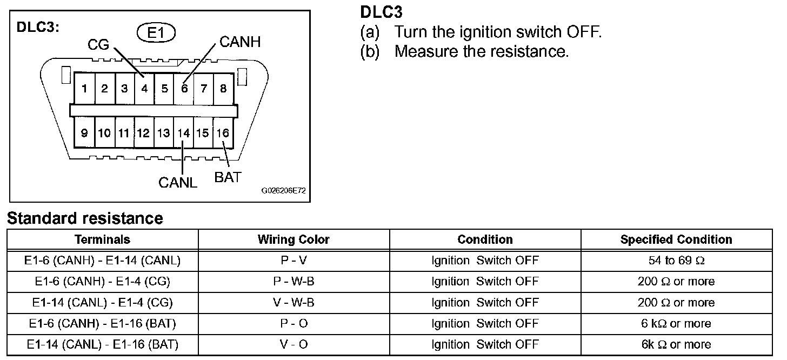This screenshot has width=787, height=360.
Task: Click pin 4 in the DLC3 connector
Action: pyautogui.click(x=144, y=89)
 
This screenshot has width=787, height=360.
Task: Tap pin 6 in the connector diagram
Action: pyautogui.click(x=184, y=89)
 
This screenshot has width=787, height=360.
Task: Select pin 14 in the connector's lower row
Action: pyautogui.click(x=184, y=133)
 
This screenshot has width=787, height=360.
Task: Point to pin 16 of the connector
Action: pyautogui.click(x=223, y=133)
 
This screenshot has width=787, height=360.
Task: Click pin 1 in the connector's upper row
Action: pyautogui.click(x=84, y=89)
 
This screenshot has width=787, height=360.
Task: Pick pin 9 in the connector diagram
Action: pyautogui.click(x=84, y=133)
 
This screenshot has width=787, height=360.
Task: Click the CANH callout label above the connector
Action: pyautogui.click(x=240, y=42)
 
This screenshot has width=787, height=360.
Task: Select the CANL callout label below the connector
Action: pyautogui.click(x=178, y=182)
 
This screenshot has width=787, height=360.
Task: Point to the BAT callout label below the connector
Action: pyautogui.click(x=228, y=177)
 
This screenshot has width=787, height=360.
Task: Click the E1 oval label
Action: pyautogui.click(x=156, y=34)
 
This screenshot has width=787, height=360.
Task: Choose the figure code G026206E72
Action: pyautogui.click(x=283, y=191)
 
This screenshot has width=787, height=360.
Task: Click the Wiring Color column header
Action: pyautogui.click(x=294, y=239)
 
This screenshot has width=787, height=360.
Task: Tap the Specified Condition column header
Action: pyautogui.click(x=676, y=239)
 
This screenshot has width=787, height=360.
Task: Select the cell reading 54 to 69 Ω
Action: pyautogui.click(x=676, y=261)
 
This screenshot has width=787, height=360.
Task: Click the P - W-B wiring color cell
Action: pyautogui.click(x=294, y=282)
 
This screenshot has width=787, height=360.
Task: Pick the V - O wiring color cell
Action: pyautogui.click(x=294, y=344)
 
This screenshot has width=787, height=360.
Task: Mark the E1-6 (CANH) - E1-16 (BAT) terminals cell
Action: pyautogui.click(x=102, y=324)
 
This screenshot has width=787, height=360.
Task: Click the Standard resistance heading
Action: pyautogui.click(x=85, y=218)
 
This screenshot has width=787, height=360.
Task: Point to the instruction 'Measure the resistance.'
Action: pyautogui.click(x=481, y=52)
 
